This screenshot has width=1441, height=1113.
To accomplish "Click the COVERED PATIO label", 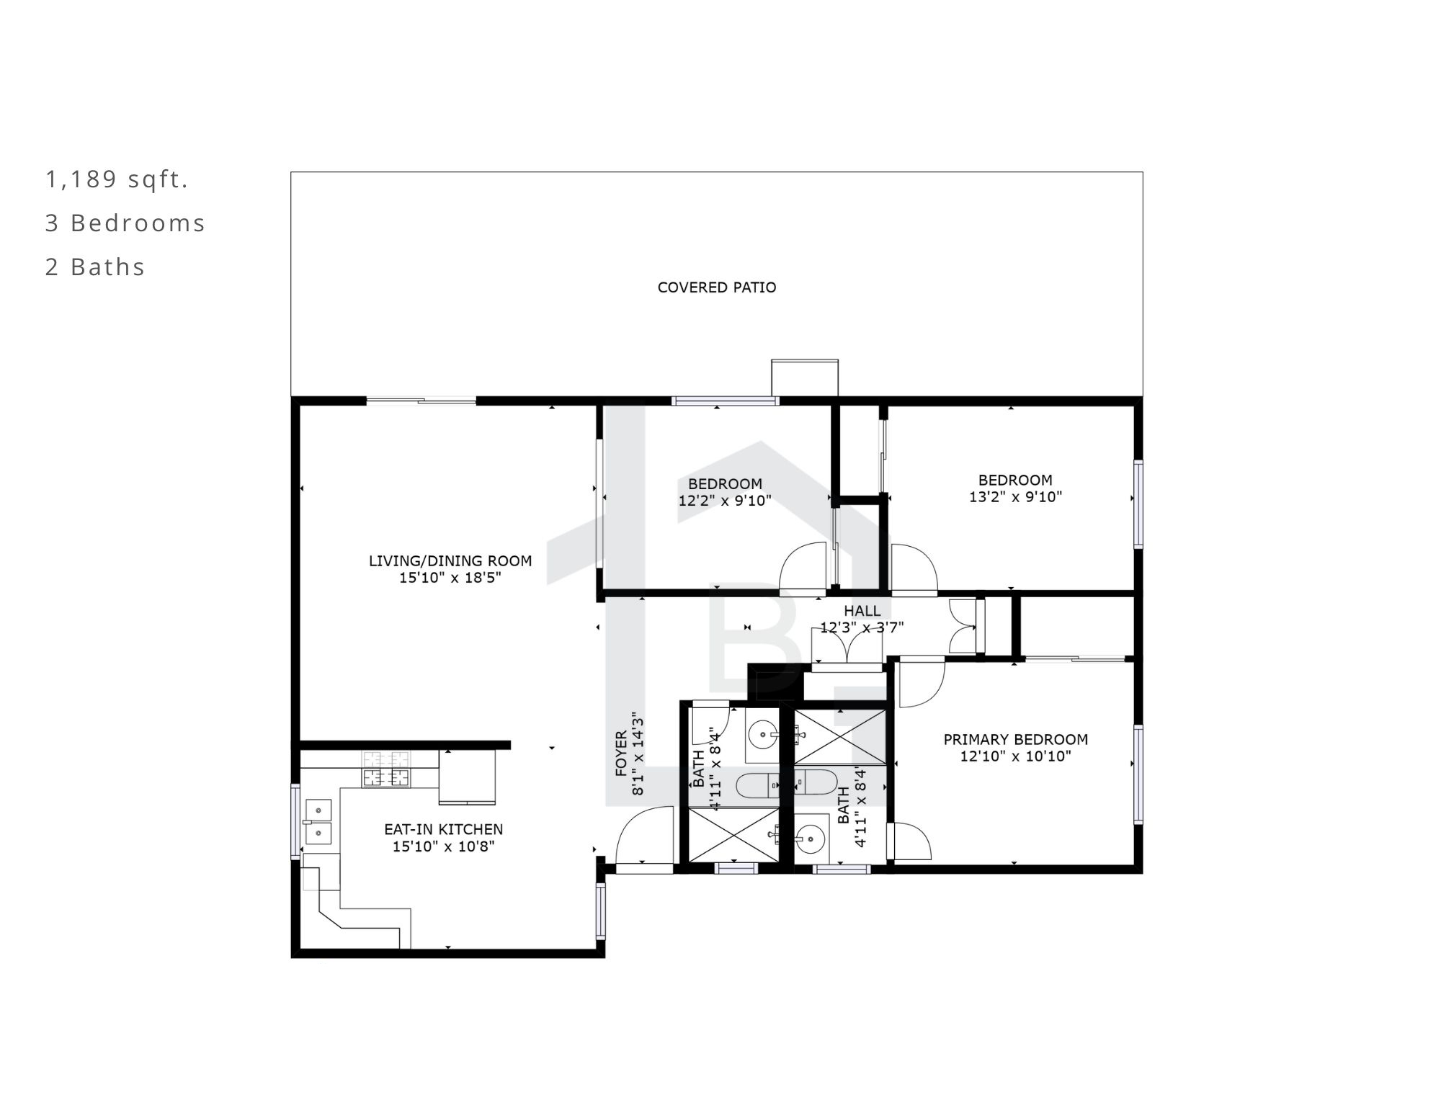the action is [717, 287].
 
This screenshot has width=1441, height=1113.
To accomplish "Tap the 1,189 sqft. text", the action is [117, 179].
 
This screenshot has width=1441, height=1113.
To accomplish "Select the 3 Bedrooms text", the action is [125, 223].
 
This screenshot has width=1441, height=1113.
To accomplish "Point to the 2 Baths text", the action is [95, 267].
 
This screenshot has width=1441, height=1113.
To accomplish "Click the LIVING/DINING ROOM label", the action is [450, 560].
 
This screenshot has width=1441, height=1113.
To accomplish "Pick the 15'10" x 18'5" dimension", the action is [450, 578].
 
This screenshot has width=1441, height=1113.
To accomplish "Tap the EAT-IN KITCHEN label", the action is [444, 829].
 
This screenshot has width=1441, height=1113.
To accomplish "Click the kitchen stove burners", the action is [385, 769].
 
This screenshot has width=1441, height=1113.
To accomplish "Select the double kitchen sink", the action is [318, 821].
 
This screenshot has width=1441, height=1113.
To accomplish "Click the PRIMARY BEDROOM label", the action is [1016, 739].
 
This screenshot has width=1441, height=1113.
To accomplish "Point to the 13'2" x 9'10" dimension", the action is [1016, 496].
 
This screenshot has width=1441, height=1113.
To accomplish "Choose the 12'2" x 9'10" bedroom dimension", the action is [725, 501].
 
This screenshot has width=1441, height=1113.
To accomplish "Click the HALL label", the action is [862, 611].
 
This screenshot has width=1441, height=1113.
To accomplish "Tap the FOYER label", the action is [621, 754].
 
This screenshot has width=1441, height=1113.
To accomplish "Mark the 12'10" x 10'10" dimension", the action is [1016, 756].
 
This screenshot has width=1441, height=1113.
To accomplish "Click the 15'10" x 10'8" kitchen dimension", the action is [444, 846].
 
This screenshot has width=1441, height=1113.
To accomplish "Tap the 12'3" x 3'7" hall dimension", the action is [862, 627].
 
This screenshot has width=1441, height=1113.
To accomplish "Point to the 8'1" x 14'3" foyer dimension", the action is [638, 754].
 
